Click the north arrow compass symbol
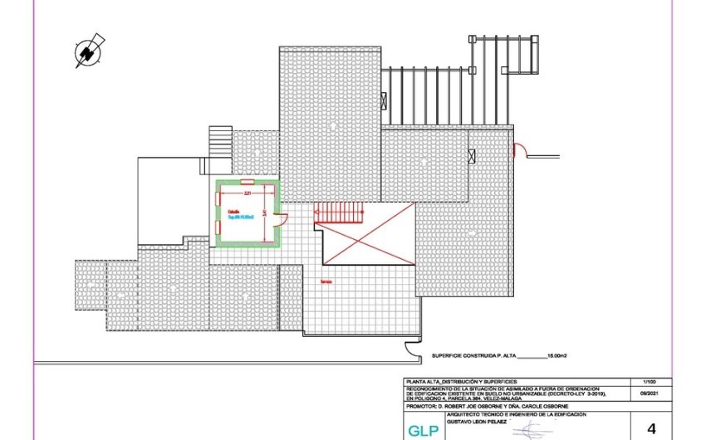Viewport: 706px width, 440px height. (x=87, y=51)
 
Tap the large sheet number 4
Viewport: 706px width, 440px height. (x=650, y=429)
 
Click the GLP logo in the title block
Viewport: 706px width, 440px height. (x=419, y=431)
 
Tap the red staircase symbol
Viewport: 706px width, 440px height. (x=339, y=214)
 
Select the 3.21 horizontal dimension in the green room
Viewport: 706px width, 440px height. (x=248, y=192)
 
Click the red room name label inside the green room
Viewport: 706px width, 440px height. (x=234, y=212)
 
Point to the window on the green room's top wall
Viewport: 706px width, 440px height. (x=247, y=181)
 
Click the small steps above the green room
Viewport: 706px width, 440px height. (x=220, y=140)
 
